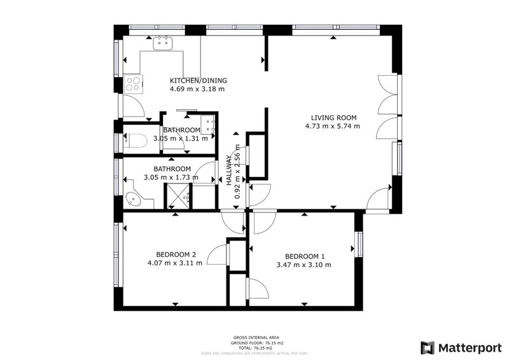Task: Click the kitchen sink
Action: click(164, 43)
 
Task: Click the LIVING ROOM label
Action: click(333, 118)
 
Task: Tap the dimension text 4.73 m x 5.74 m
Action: click(333, 126)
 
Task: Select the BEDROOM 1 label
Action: click(304, 256)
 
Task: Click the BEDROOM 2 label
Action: click(175, 254)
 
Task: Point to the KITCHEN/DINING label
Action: click(198, 81)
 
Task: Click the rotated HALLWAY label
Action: click(230, 170)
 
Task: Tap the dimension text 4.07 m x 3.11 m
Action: click(175, 263)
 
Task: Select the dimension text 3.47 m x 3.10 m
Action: click(304, 265)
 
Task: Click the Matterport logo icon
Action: click(427, 347)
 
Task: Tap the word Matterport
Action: click(468, 347)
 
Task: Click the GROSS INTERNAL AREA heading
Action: click(252, 337)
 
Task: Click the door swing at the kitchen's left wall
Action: click(134, 106)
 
